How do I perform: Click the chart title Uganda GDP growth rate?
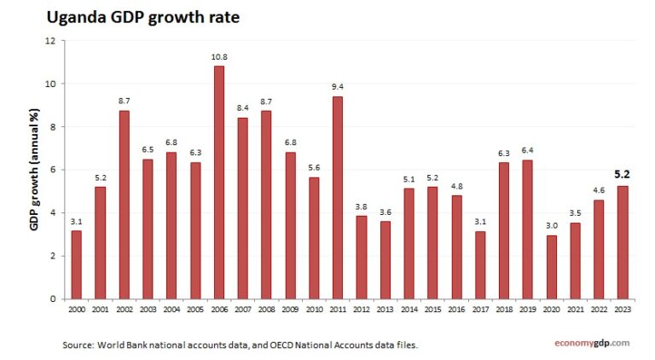click(143, 17)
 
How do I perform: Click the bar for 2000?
click(77, 264)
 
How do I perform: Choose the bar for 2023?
click(623, 242)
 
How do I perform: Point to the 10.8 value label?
click(219, 57)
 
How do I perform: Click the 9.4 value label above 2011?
click(338, 87)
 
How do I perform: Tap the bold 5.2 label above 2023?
click(623, 174)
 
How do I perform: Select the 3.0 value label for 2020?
click(551, 226)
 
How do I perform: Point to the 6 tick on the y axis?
click(52, 170)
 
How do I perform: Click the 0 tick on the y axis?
click(52, 299)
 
